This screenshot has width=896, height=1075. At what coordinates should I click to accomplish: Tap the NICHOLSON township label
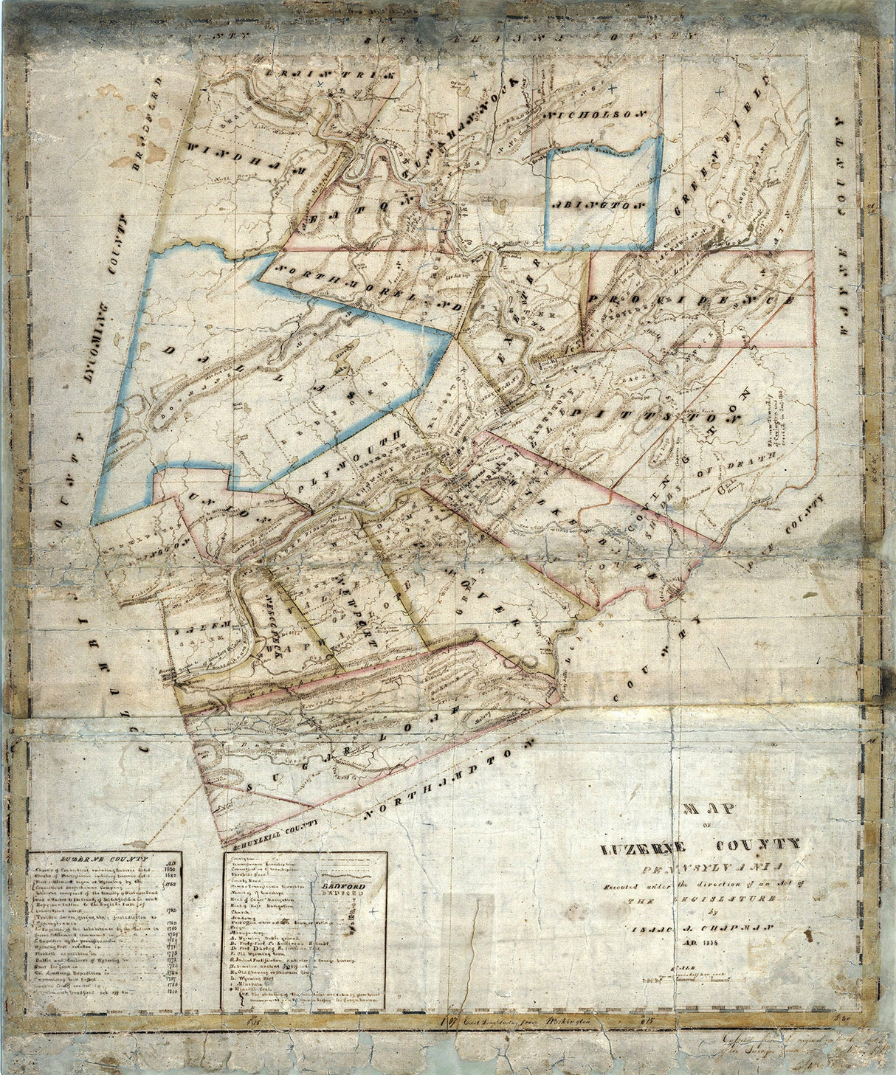pyautogui.click(x=599, y=115)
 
